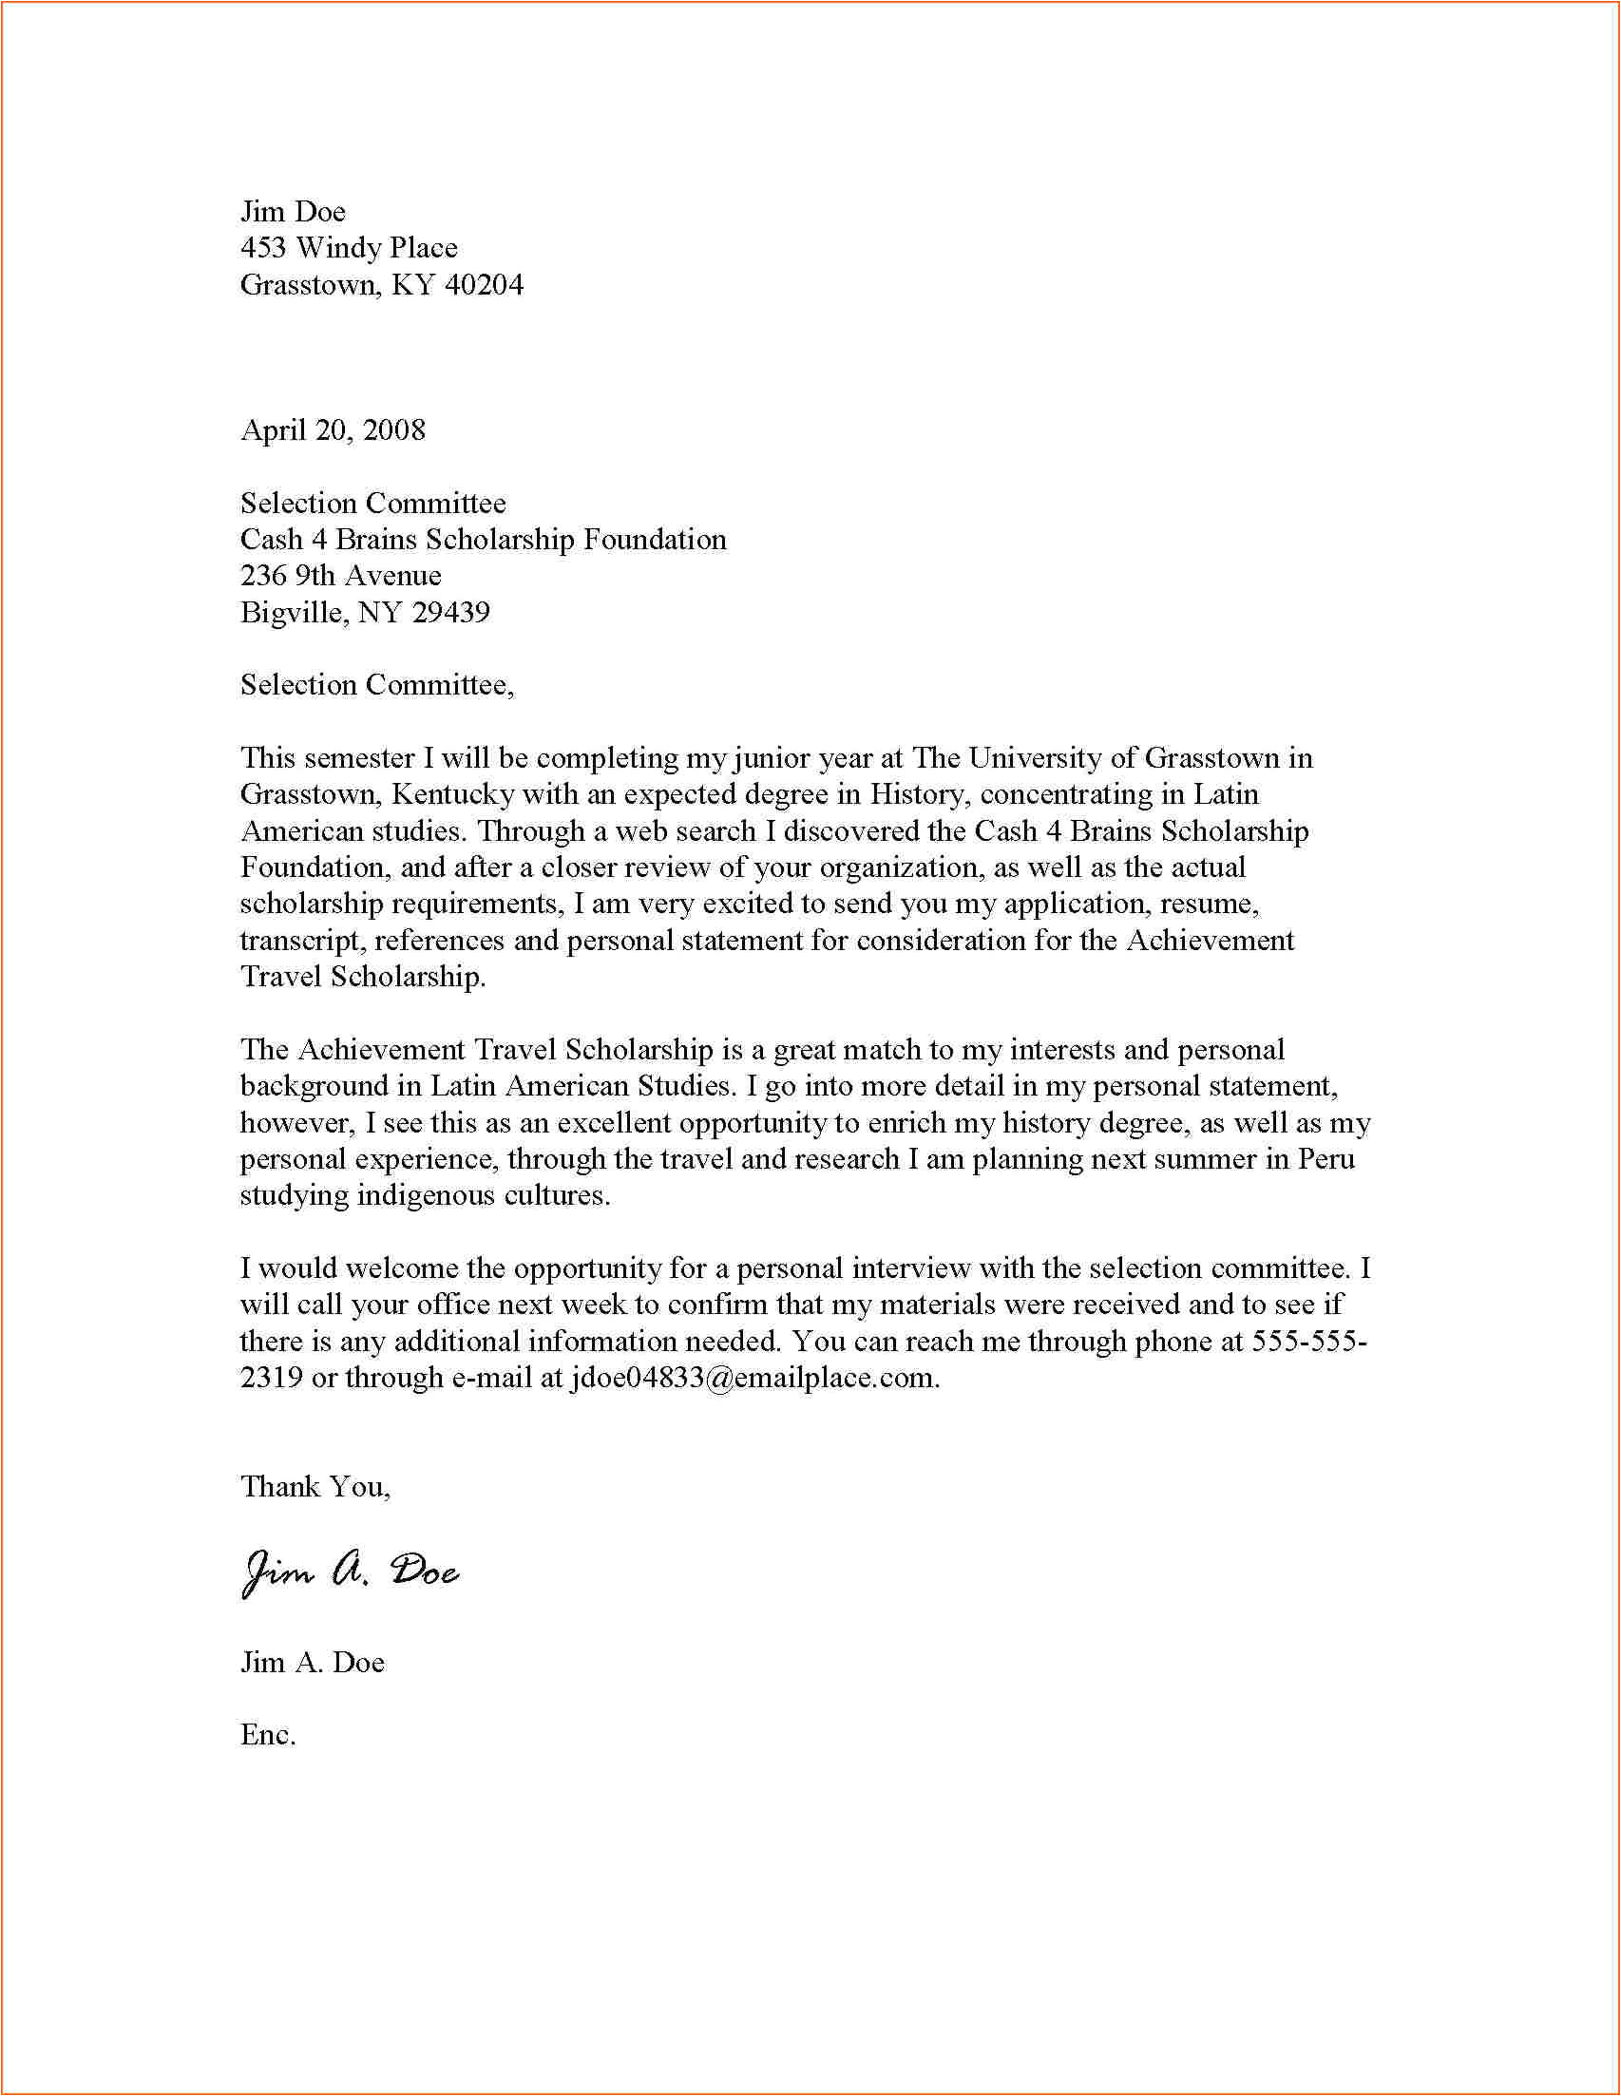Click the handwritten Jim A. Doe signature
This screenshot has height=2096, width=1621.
coord(350,1572)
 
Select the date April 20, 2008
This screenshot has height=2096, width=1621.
coord(333,430)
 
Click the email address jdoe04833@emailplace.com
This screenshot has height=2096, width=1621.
coord(753,1378)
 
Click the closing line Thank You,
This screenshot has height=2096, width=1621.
coord(315,1487)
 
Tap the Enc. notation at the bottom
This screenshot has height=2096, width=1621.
coord(268,1734)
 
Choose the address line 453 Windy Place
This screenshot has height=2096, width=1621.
coord(349,249)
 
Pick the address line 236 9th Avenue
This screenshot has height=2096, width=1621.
coord(341,576)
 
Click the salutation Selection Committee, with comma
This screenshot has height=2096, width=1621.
coord(377,685)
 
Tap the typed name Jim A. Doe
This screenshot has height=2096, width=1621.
coord(312,1662)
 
